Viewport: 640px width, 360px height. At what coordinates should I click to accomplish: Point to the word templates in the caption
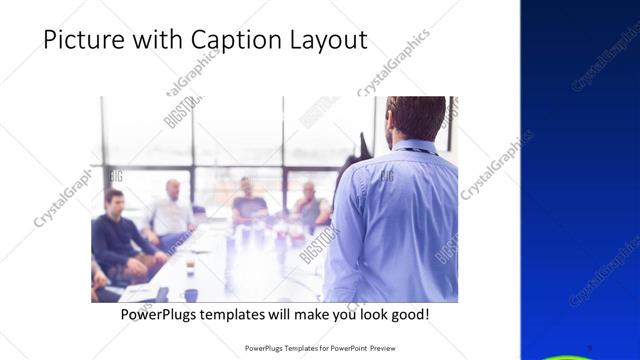pos(247,314)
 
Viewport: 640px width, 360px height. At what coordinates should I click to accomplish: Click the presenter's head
pos(415,118)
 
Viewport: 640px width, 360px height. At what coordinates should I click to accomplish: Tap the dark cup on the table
pos(190,294)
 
